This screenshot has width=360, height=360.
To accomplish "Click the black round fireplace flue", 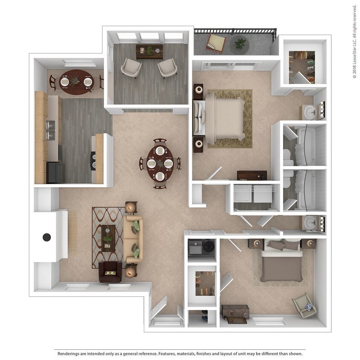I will pos(47,237).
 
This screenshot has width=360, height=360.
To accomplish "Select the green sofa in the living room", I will pos(134,238).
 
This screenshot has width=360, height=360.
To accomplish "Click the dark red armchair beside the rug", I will pos(110,272).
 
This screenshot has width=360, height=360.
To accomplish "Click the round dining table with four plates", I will pos(160,163).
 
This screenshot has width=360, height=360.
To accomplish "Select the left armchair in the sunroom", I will pos(131,67).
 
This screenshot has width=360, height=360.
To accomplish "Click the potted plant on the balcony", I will pos(240,44).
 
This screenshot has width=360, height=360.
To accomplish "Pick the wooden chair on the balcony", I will pos(216,43).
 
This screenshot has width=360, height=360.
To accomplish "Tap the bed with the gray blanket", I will pos(281,265).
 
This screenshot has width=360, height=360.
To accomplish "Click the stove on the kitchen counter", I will pos(93,161).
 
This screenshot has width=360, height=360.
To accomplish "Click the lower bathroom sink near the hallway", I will pos(311,223).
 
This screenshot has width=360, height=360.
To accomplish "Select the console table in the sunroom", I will pos(149,51).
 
